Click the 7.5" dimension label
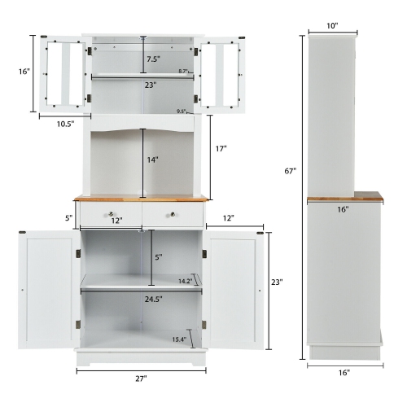click(x=153, y=59)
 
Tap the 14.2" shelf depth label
click(x=184, y=281)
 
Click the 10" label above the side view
click(x=333, y=26)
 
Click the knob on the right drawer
click(x=173, y=215)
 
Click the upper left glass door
click(x=62, y=74)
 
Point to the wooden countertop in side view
click(x=344, y=196)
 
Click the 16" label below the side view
click(x=344, y=372)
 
